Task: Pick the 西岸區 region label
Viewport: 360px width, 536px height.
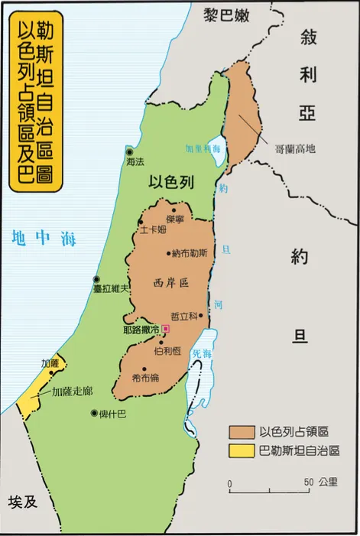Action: click(x=170, y=282)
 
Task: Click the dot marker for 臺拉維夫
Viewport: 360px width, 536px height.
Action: click(x=96, y=279)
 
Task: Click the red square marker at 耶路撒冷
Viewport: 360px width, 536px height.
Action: click(x=166, y=328)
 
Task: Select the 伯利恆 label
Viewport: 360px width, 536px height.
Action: click(x=166, y=350)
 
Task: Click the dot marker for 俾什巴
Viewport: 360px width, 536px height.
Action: click(x=92, y=414)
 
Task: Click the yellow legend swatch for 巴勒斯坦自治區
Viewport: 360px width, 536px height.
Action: click(x=242, y=451)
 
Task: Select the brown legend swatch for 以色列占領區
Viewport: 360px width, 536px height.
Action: click(x=242, y=431)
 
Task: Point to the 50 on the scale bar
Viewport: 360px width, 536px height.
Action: click(x=308, y=482)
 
